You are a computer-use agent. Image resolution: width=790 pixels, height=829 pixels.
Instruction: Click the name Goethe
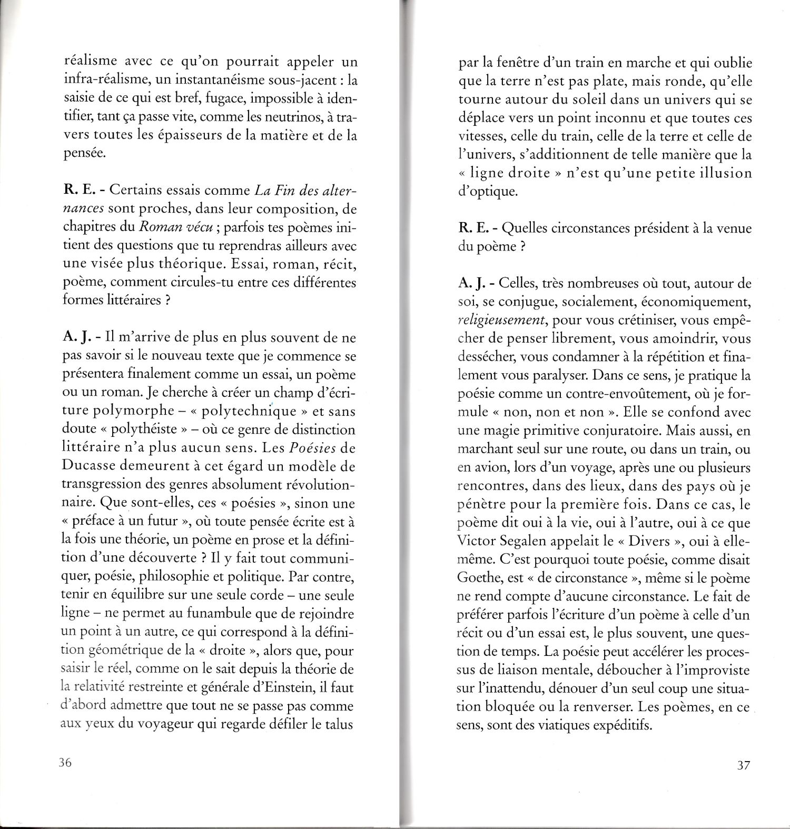click(478, 578)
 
